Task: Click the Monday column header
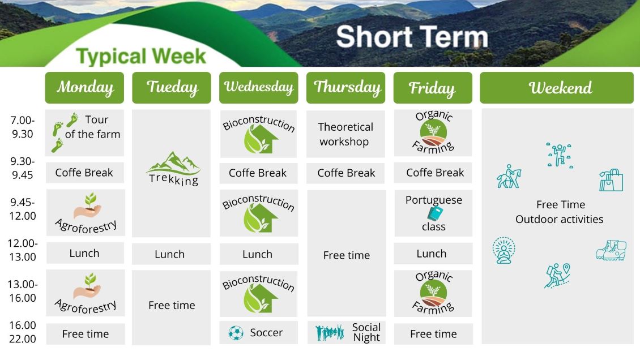click(84, 88)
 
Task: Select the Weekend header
click(557, 88)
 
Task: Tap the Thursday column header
click(345, 88)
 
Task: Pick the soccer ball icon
click(236, 333)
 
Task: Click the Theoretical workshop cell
click(345, 134)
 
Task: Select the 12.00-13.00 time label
click(23, 250)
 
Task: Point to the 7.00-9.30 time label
click(23, 127)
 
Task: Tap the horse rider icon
click(509, 176)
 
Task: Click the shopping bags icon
click(611, 180)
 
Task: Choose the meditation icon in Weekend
click(504, 250)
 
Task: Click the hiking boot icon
click(611, 250)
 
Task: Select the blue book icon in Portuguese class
click(435, 213)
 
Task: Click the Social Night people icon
click(330, 333)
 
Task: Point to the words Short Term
click(412, 37)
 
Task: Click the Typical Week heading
click(141, 56)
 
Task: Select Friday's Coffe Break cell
click(433, 173)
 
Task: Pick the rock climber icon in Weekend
click(560, 155)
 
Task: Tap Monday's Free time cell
click(86, 334)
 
